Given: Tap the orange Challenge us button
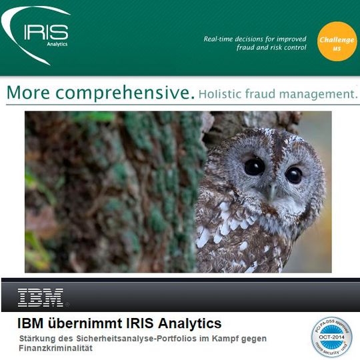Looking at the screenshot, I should coord(337,41).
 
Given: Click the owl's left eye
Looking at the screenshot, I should coord(254,167).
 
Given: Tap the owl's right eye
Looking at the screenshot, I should coord(293,175).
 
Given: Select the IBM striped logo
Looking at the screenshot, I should coord(41,297).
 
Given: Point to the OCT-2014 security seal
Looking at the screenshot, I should coord(331,337).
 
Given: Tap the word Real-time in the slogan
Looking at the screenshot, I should coord(221,39).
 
